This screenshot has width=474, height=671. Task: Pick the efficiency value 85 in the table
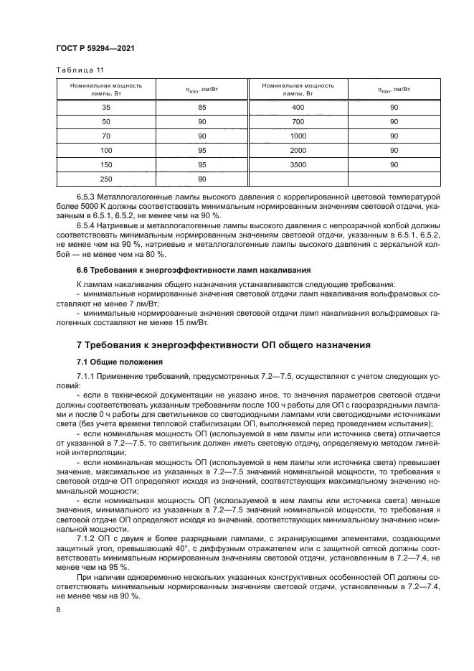pos(202,108)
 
